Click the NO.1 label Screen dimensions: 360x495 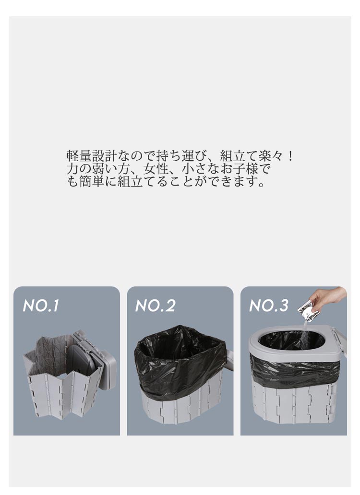(x=41, y=306)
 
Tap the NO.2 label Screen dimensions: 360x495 (x=155, y=306)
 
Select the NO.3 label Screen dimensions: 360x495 (x=268, y=306)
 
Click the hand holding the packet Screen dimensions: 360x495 (x=326, y=298)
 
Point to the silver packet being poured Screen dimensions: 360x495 (x=305, y=310)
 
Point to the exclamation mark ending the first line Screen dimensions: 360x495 (x=290, y=156)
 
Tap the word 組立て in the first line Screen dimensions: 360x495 (x=239, y=156)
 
